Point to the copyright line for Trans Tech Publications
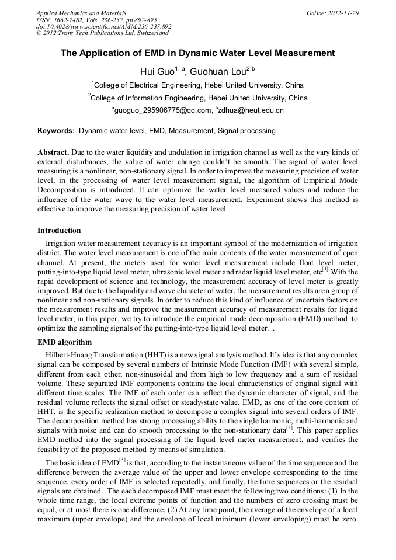102,33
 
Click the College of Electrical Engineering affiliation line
198,85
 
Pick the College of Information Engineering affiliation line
198,98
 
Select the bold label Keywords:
56,131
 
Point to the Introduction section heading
59,231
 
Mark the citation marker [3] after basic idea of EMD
123,461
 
